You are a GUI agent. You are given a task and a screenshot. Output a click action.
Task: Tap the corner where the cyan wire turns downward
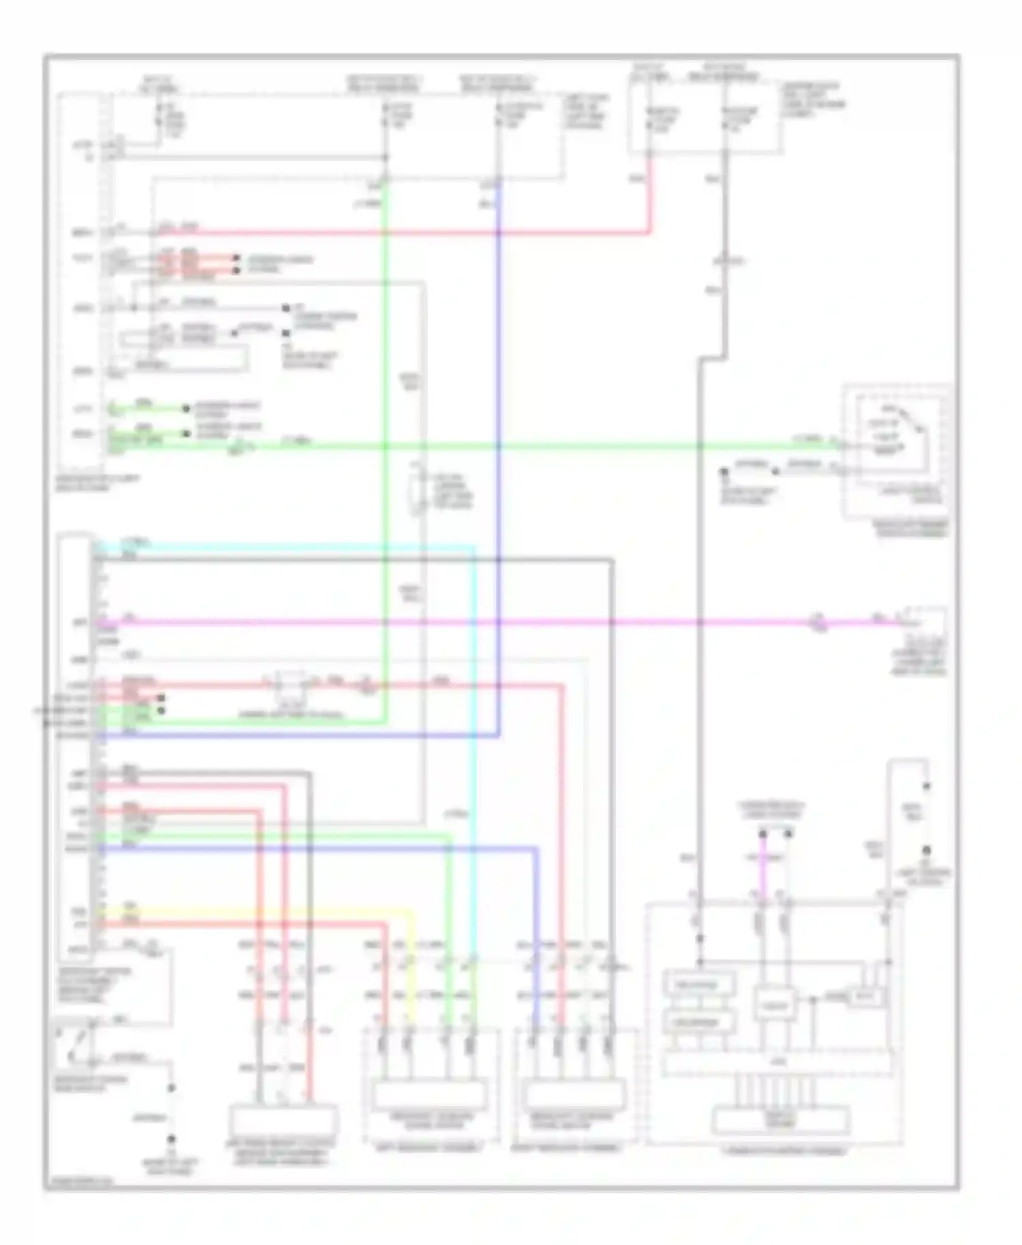[474, 547]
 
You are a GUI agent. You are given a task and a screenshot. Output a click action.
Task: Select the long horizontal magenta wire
[477, 622]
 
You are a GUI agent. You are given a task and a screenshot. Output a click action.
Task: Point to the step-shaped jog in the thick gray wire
[712, 356]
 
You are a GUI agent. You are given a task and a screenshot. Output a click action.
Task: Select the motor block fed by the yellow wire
[429, 1095]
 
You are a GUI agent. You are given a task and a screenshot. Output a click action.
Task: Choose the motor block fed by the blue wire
[576, 1095]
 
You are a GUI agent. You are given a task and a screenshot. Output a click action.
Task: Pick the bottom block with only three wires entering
[283, 1120]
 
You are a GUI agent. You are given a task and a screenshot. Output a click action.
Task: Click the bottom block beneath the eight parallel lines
[781, 1120]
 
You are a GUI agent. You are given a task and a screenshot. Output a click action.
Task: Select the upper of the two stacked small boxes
[699, 984]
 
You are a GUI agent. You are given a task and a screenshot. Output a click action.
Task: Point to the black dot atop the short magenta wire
[763, 834]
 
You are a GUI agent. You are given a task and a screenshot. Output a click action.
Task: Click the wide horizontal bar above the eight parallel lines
[778, 1064]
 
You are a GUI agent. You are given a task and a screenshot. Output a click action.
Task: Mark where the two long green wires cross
[386, 447]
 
